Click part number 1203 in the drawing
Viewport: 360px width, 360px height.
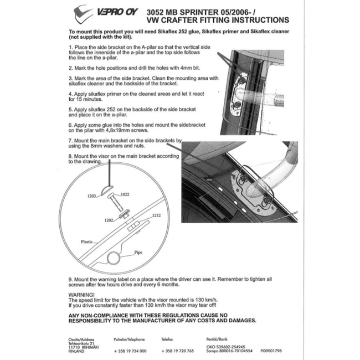point(92,196)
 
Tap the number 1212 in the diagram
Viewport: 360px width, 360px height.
point(157,215)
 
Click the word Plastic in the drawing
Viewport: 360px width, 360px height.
point(86,241)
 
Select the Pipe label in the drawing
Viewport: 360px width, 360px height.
point(138,252)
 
